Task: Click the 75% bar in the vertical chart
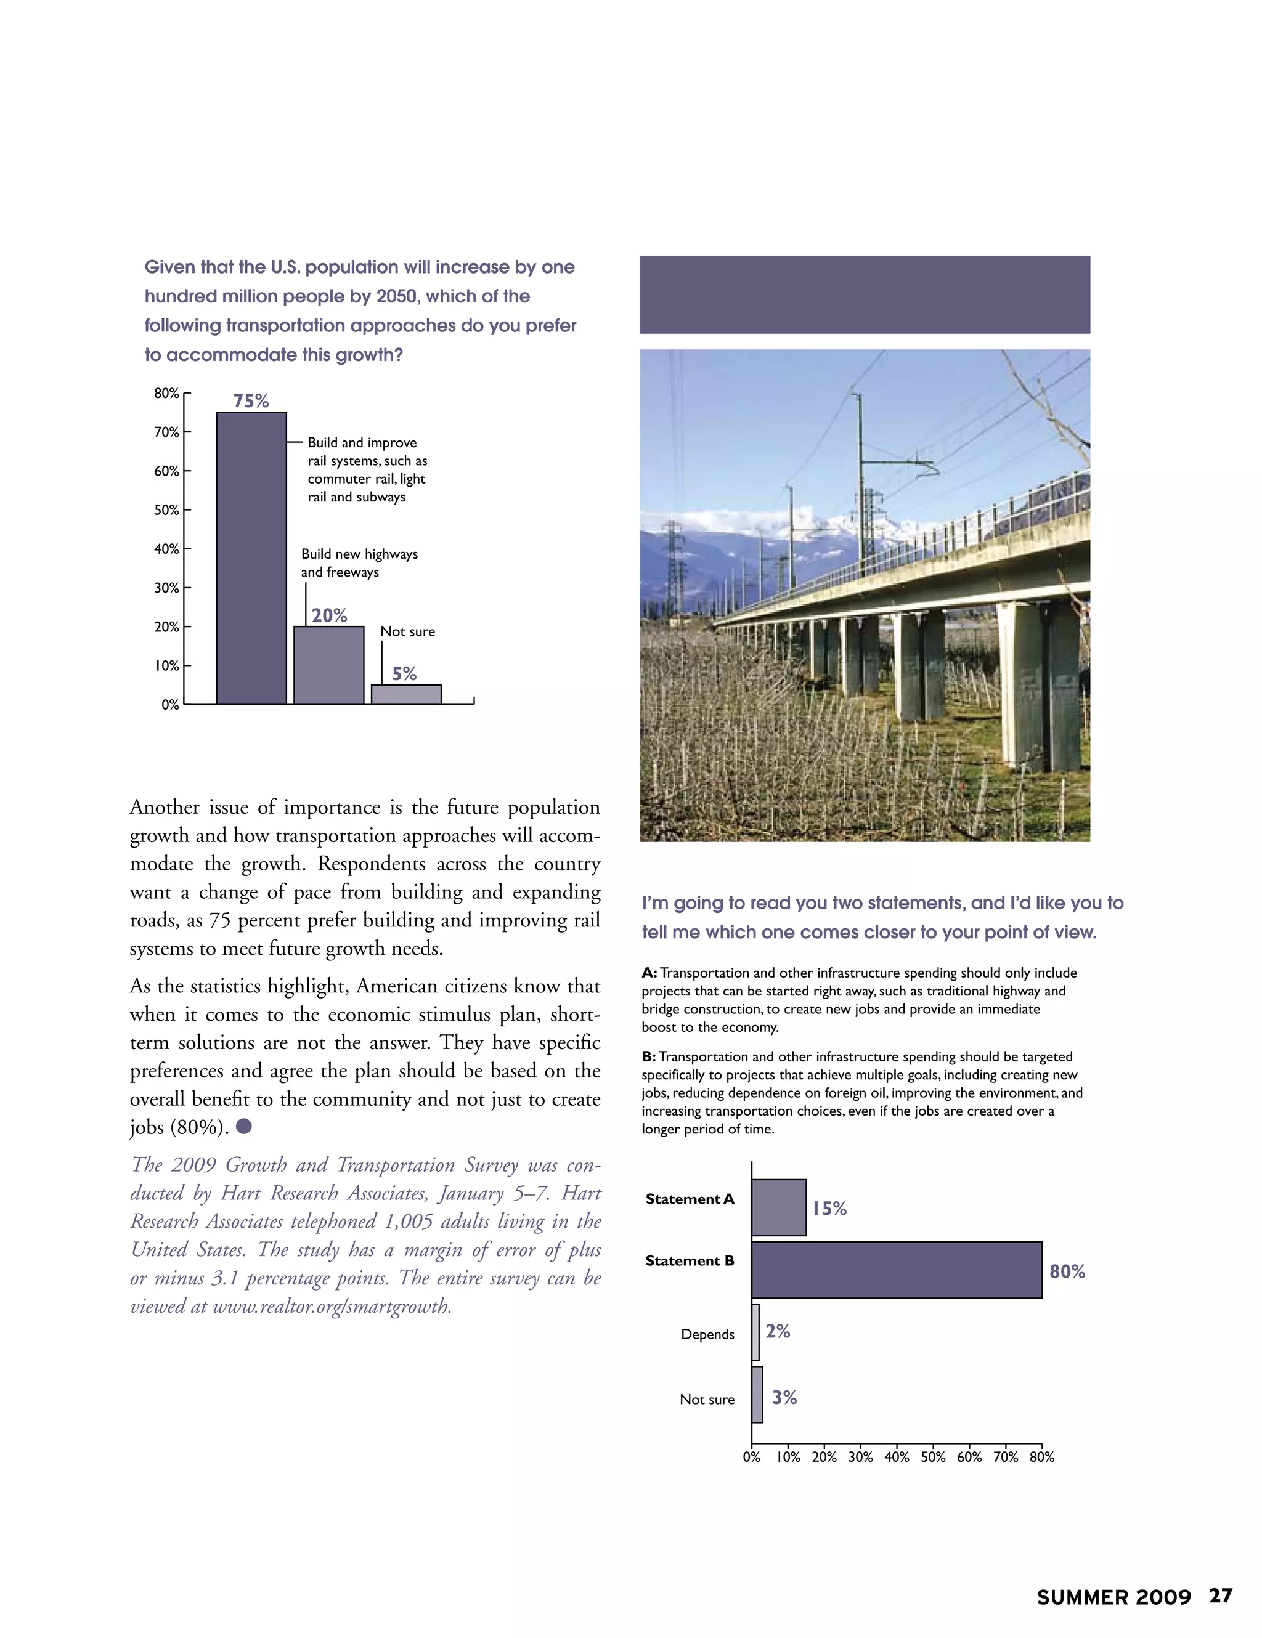coord(251,558)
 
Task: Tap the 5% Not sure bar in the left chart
coord(406,694)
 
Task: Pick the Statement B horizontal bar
coord(897,1270)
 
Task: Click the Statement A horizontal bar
coord(779,1207)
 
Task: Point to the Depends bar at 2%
coord(755,1332)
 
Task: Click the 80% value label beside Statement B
coord(1067,1271)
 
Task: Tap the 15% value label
coord(829,1208)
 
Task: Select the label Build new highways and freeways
coord(359,562)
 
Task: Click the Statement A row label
coord(690,1199)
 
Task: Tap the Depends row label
coord(707,1334)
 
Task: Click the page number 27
coord(1221,1617)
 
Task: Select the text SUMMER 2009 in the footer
coord(1113,1618)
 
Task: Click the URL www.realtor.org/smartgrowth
coord(332,1307)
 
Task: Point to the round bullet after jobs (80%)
coord(244,1127)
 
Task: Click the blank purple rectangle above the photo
coord(865,294)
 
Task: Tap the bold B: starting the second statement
coord(648,1056)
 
